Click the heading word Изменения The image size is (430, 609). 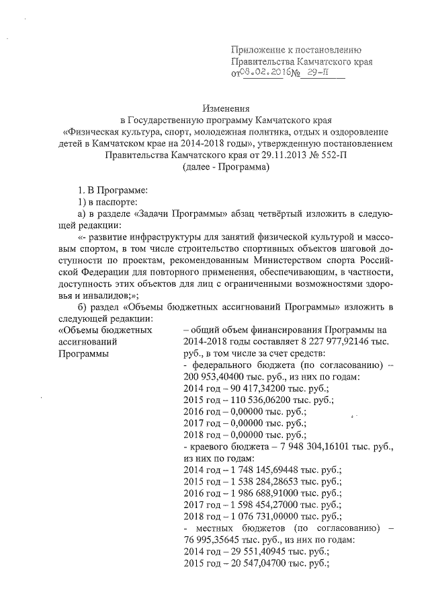point(226,108)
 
